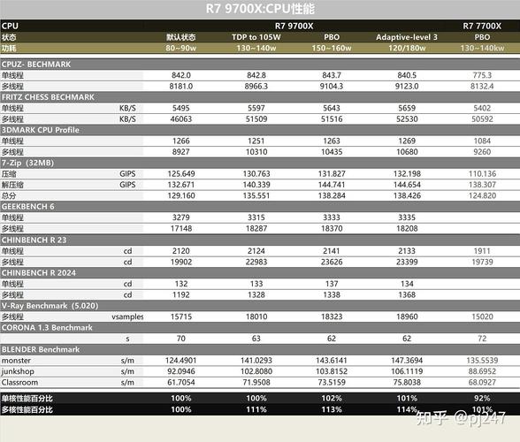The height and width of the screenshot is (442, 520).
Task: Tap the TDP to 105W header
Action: [256, 38]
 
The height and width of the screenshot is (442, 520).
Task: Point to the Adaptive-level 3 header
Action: [407, 38]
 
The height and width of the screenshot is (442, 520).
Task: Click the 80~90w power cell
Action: [181, 49]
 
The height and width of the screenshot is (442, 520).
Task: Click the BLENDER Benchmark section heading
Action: [42, 349]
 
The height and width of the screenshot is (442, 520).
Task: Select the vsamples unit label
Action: [127, 316]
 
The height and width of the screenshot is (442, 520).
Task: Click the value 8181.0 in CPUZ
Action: [181, 87]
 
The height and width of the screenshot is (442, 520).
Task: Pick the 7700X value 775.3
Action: [483, 76]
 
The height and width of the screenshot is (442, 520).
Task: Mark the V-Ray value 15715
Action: [181, 316]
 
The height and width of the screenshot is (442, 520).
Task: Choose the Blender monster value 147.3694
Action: [407, 360]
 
